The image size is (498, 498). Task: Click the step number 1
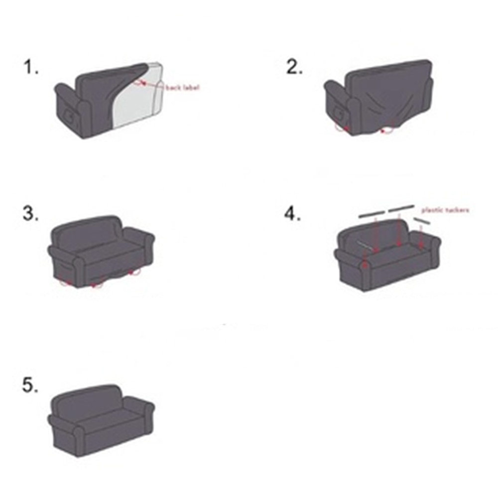pos(30,68)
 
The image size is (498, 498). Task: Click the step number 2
pos(294,68)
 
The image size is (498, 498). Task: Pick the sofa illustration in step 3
pos(101,251)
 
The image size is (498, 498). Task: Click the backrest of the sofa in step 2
pos(388,80)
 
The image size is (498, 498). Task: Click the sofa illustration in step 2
pos(378,97)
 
